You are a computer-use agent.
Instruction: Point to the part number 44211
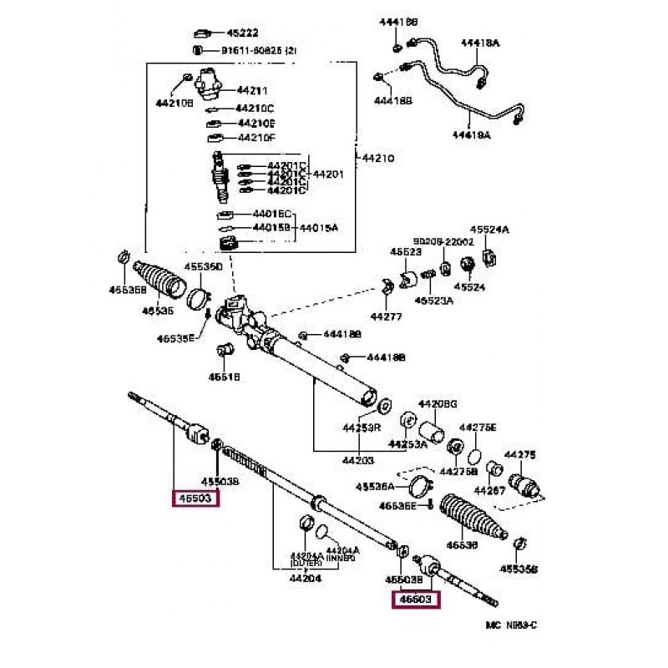(x=253, y=90)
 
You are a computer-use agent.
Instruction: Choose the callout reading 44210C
(x=255, y=109)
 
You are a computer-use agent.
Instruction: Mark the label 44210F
(x=256, y=138)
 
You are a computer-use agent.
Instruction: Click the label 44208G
(x=438, y=403)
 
